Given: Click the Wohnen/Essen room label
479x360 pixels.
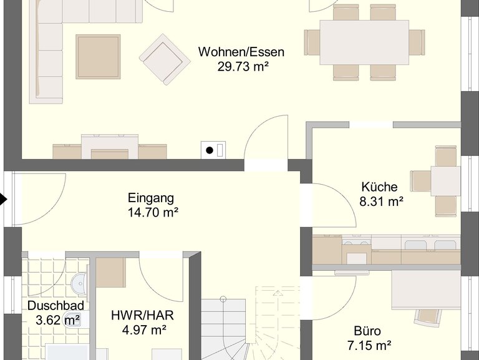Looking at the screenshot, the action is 241,52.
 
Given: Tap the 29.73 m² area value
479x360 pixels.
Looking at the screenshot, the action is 243,66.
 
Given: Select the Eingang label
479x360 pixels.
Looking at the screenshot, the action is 151,198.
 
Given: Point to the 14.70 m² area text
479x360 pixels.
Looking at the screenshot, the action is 153,212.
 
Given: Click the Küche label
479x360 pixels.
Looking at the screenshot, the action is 379,187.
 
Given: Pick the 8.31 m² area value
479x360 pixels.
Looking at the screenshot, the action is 381,202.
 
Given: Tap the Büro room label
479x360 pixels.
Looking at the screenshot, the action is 367,331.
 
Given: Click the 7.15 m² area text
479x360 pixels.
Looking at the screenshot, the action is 369,346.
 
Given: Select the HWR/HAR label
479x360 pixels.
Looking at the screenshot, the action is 142,315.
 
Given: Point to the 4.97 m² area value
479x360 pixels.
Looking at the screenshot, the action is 144,330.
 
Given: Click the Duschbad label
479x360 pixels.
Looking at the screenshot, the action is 56,306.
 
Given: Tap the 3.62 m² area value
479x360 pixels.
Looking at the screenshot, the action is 58,320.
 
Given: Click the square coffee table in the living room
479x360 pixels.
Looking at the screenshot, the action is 98,57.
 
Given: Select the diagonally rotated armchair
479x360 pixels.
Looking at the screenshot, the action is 165,59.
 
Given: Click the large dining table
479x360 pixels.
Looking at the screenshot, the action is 364,42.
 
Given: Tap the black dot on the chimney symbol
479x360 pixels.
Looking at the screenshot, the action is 210,150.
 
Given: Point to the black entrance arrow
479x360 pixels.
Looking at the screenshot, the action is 3,199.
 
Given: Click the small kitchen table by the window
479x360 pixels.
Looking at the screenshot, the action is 445,181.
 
